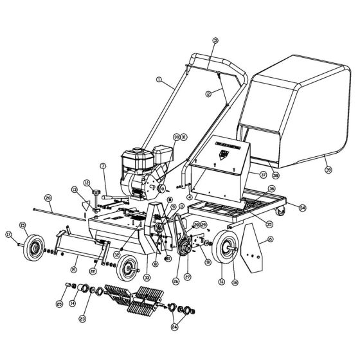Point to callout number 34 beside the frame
click(303, 207)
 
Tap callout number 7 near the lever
click(102, 166)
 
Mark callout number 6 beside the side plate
click(270, 239)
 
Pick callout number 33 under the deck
click(146, 277)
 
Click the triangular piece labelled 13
click(85, 205)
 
